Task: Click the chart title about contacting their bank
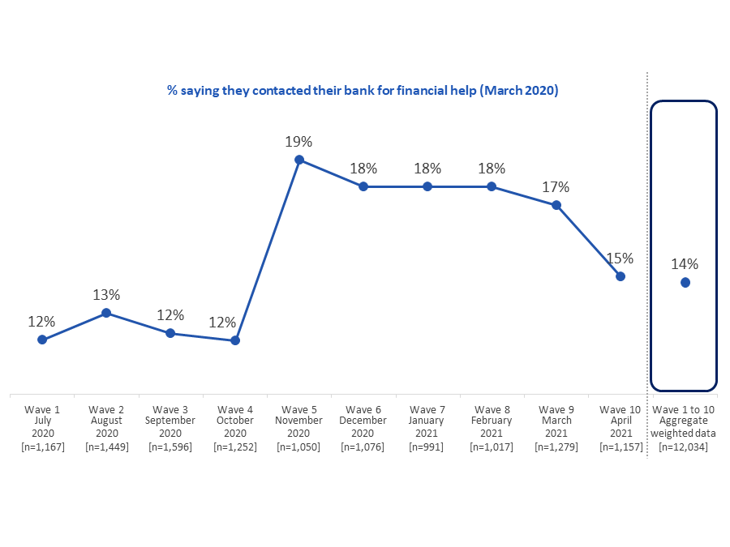pyautogui.click(x=363, y=91)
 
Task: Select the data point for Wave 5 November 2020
pyautogui.click(x=299, y=160)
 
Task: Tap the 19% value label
pyautogui.click(x=298, y=141)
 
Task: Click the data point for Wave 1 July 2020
pyautogui.click(x=42, y=340)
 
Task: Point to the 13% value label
pyautogui.click(x=105, y=294)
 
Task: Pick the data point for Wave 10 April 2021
pyautogui.click(x=620, y=276)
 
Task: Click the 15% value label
pyautogui.click(x=620, y=259)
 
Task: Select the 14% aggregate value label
pyautogui.click(x=685, y=263)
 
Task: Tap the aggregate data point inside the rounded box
pyautogui.click(x=685, y=282)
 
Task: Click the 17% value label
pyautogui.click(x=556, y=187)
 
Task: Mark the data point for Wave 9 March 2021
pyautogui.click(x=556, y=205)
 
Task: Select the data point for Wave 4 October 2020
pyautogui.click(x=235, y=340)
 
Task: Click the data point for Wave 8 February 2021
pyautogui.click(x=492, y=186)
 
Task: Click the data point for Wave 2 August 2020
pyautogui.click(x=106, y=312)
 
